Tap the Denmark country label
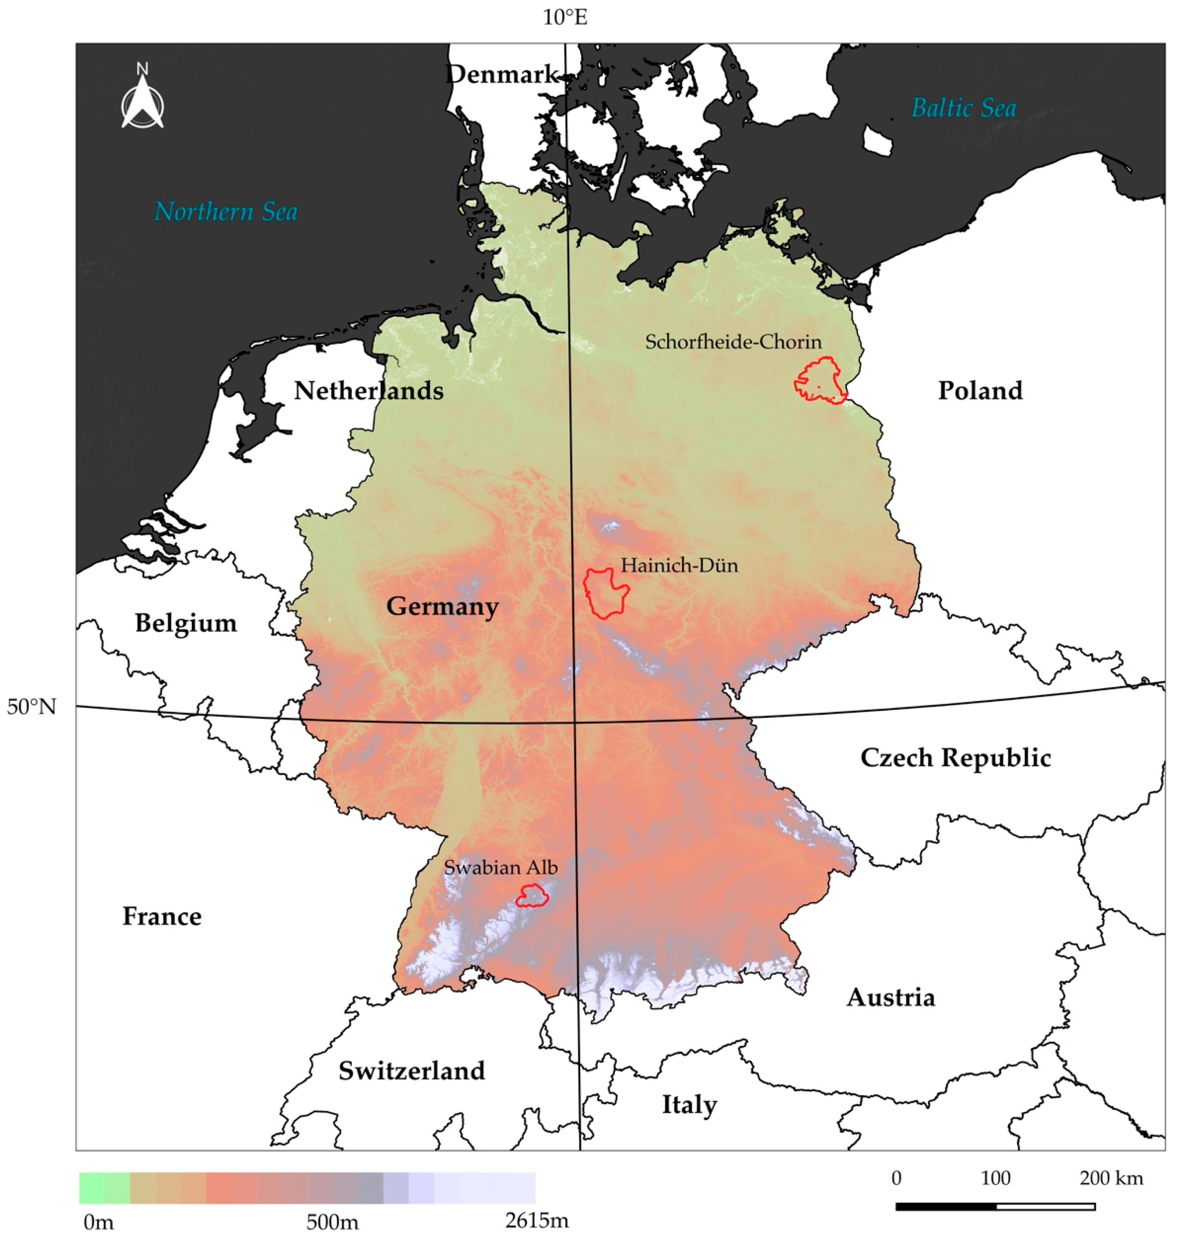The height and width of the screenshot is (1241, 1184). tap(502, 74)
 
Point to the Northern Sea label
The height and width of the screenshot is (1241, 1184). tap(226, 211)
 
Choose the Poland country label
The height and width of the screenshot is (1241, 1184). tap(980, 391)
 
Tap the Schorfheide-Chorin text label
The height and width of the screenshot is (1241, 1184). tap(733, 342)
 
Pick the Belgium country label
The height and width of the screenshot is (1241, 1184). tap(186, 623)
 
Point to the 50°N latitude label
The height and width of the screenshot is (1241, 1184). tap(32, 707)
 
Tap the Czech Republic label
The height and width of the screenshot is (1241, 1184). tap(956, 758)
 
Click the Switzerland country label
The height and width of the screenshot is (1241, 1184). tap(412, 1071)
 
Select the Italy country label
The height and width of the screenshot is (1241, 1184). tap(689, 1105)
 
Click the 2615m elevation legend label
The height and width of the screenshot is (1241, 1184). tap(537, 1221)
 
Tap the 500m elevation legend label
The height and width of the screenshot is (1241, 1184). tap(333, 1222)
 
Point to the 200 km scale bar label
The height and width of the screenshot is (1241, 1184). tap(1111, 1178)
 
